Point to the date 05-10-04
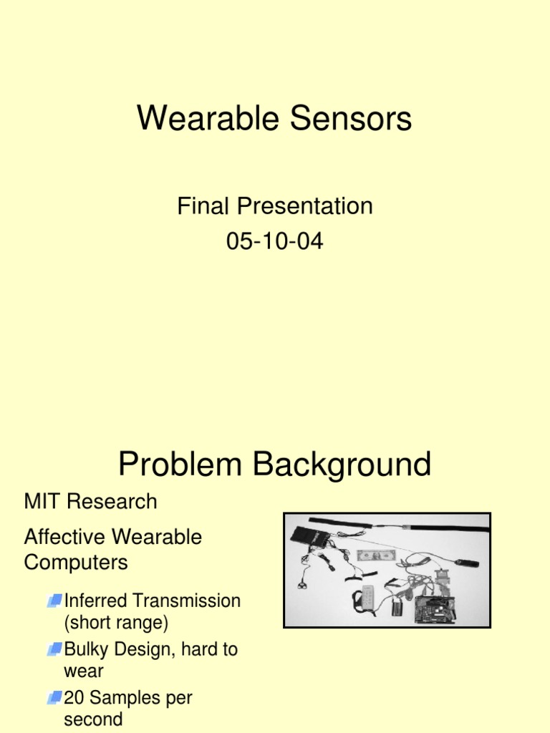[275, 241]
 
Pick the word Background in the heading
[342, 465]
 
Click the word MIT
[40, 501]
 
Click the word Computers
[76, 563]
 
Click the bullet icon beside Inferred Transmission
[54, 601]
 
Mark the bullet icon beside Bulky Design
[54, 650]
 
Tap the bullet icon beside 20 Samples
[54, 698]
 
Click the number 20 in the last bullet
[74, 698]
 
